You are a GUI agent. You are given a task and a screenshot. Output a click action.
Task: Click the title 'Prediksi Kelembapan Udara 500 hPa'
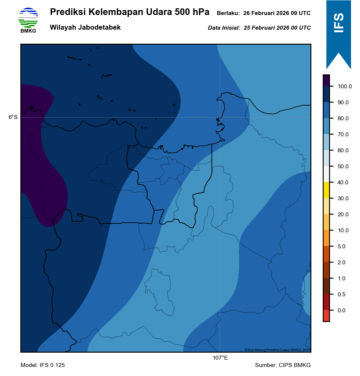pyautogui.click(x=130, y=12)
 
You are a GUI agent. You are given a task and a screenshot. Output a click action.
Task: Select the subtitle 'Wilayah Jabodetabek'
pyautogui.click(x=85, y=28)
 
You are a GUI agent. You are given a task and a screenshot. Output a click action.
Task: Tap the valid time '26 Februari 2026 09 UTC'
pyautogui.click(x=277, y=13)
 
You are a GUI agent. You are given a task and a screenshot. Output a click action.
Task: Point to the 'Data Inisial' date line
pyautogui.click(x=259, y=28)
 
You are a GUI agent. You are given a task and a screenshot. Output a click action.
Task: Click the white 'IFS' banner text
pyautogui.click(x=339, y=23)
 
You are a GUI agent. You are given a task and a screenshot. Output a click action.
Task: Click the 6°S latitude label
pyautogui.click(x=13, y=117)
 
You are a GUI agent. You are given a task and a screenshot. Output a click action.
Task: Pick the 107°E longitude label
pyautogui.click(x=220, y=358)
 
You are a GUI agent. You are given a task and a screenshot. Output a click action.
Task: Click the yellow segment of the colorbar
pyautogui.click(x=326, y=190)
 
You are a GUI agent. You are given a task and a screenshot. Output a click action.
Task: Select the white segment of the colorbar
pyautogui.click(x=326, y=174)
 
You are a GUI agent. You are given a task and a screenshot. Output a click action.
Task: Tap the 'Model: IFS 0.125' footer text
pyautogui.click(x=43, y=365)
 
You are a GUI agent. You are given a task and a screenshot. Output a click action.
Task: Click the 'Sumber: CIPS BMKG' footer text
pyautogui.click(x=283, y=365)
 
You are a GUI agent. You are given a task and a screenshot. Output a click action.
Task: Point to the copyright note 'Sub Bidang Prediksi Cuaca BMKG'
pyautogui.click(x=277, y=350)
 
